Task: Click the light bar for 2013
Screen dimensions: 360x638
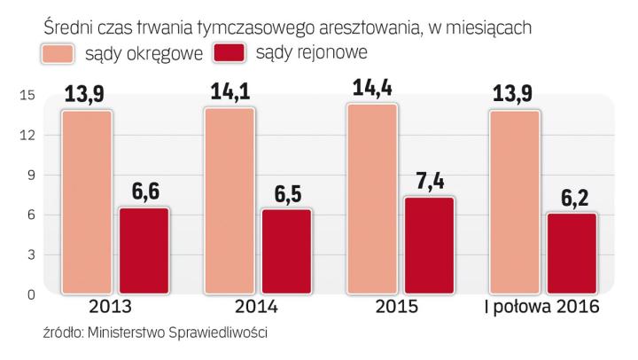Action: pyautogui.click(x=87, y=202)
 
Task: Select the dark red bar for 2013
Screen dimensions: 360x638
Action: pyautogui.click(x=144, y=251)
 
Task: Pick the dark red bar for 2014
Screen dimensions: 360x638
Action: pyautogui.click(x=286, y=252)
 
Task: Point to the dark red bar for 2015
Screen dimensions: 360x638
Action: pyautogui.click(x=429, y=246)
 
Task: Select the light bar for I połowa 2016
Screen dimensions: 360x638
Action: pyautogui.click(x=515, y=202)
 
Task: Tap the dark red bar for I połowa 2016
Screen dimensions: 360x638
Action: pyautogui.click(x=572, y=254)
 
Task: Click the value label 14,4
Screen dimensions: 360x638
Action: pyautogui.click(x=373, y=90)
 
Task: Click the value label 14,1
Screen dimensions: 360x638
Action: pyautogui.click(x=230, y=93)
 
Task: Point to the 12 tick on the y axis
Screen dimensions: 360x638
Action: pyautogui.click(x=27, y=135)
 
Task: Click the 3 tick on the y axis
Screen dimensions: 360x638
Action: pyautogui.click(x=30, y=254)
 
